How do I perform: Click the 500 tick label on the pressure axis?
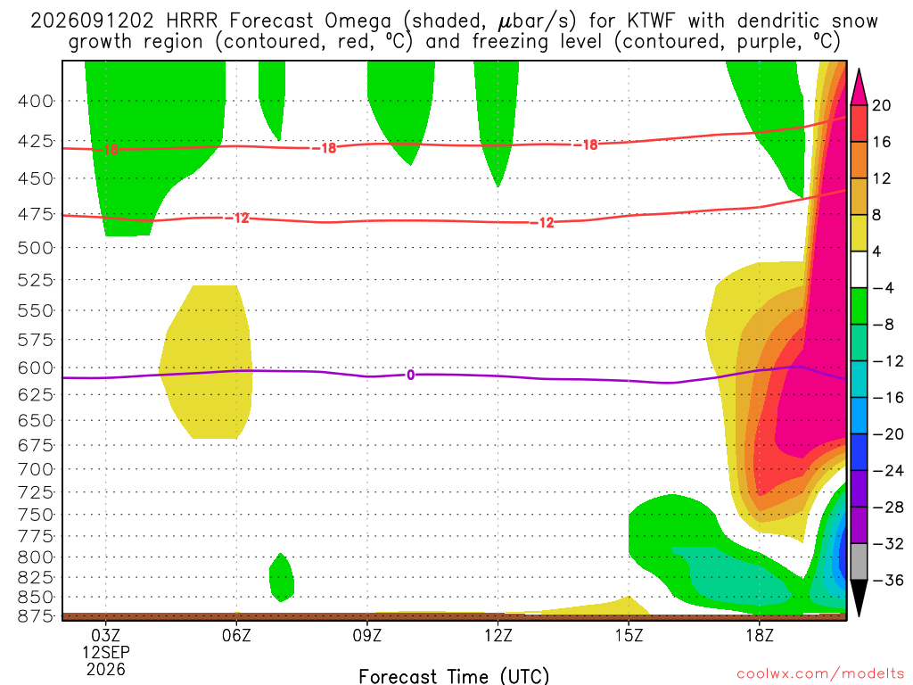pos(35,248)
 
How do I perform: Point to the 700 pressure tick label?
pos(35,469)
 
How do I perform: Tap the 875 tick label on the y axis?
pos(35,615)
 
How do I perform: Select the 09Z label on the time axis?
pos(366,635)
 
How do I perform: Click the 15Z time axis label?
pos(629,635)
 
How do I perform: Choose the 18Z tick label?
pos(760,635)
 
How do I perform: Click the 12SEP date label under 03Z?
pos(106,652)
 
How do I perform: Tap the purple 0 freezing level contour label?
pos(410,376)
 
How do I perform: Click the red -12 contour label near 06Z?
pos(237,218)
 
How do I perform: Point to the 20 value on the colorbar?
pos(882,105)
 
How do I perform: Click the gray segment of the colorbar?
pos(859,562)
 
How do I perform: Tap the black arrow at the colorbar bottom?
pos(859,597)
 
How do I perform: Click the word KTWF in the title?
pos(652,21)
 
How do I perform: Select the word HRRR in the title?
pos(192,21)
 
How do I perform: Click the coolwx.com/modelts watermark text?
pos(820,674)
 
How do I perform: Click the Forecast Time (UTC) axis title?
pos(454,676)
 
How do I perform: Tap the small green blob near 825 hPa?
pos(282,578)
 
